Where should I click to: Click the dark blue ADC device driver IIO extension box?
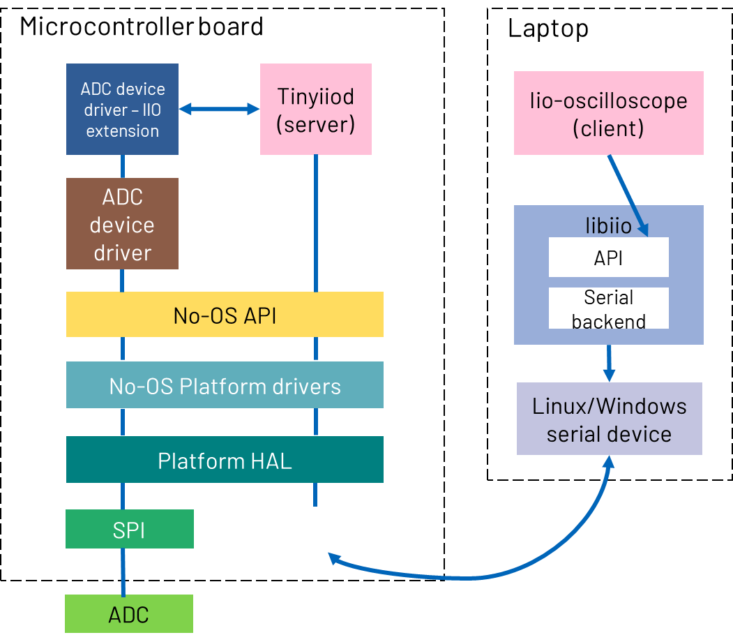coord(122,109)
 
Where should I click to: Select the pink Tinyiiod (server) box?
coord(315,109)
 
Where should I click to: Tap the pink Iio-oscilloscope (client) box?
coord(608,113)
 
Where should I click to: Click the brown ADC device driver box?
coord(122,224)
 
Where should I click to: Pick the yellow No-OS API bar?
coord(225,315)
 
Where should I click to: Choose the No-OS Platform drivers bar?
coord(225,385)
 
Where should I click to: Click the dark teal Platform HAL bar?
coord(225,460)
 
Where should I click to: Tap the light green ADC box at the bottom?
coord(128,614)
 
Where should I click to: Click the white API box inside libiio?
coord(608,257)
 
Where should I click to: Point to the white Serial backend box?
coord(608,308)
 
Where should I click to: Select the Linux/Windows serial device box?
coord(609,419)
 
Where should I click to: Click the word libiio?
coord(608,225)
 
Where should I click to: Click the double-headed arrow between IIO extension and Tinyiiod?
coord(219,109)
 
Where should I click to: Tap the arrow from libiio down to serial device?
coord(609,362)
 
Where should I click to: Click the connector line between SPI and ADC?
coord(123,571)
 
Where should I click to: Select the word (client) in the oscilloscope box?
coord(608,129)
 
